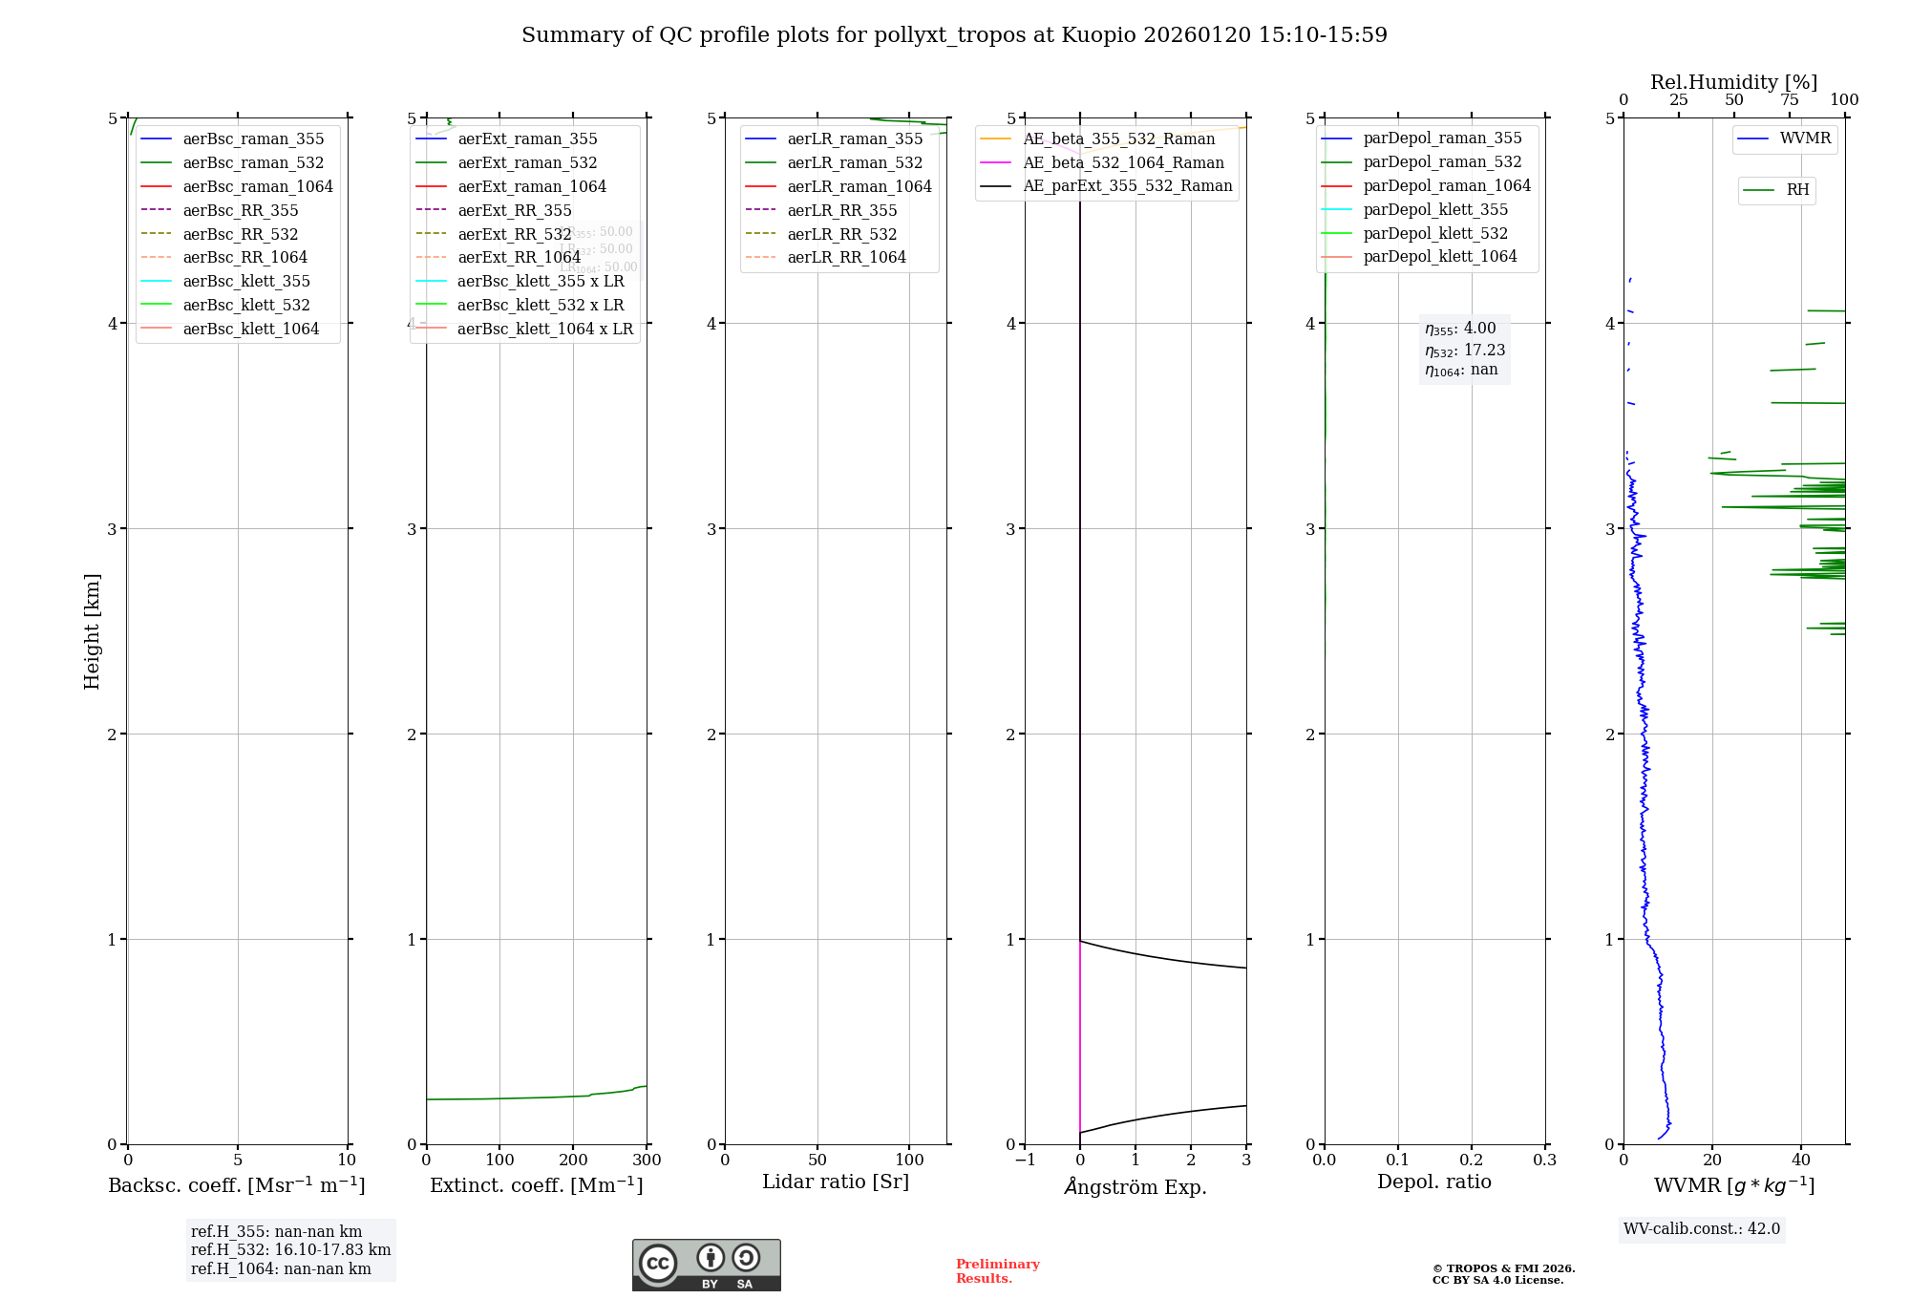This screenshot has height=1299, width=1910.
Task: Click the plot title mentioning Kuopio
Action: point(954,35)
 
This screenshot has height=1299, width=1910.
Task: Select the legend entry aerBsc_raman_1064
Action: point(258,186)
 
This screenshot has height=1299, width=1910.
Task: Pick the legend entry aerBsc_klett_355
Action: point(246,281)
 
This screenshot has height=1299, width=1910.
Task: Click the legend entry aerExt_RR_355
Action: point(515,210)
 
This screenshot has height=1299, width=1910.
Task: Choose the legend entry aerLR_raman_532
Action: point(855,162)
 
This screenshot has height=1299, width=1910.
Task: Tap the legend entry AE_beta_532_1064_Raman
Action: point(1123,162)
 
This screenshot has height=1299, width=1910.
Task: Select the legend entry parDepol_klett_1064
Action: point(1439,256)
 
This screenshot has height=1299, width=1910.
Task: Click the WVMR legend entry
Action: point(1805,138)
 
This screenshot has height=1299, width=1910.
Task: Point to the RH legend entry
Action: point(1797,190)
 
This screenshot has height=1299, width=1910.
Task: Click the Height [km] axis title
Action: point(92,630)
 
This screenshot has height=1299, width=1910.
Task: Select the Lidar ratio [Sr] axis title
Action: point(836,1182)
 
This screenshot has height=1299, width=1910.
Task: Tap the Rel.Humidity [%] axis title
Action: point(1733,82)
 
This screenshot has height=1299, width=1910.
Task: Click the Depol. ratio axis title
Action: point(1433,1182)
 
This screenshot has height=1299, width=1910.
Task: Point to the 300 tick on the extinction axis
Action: point(647,1161)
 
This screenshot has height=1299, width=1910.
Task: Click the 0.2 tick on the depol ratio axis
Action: point(1472,1161)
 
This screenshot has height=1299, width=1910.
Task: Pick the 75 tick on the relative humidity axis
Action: point(1790,100)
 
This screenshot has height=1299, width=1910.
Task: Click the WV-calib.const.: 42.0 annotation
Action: point(1702,1228)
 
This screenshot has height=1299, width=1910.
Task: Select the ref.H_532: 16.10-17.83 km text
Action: point(290,1249)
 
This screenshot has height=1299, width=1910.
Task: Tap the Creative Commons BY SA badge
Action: point(706,1266)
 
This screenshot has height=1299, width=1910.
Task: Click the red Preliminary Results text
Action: point(997,1271)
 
